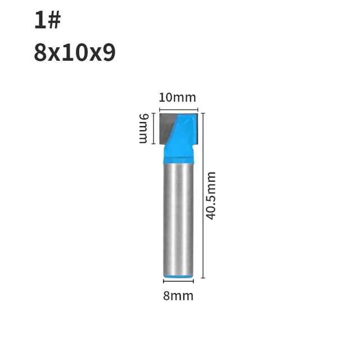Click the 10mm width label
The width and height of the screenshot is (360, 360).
pyautogui.click(x=177, y=97)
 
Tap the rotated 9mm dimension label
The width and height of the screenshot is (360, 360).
pyautogui.click(x=145, y=128)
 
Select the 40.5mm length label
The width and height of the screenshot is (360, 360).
pyautogui.click(x=210, y=195)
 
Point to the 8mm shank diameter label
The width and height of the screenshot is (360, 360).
pyautogui.click(x=178, y=296)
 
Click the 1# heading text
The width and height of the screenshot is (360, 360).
pyautogui.click(x=47, y=21)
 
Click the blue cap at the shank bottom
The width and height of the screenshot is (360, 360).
pyautogui.click(x=178, y=275)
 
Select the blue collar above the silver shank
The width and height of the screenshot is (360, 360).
pyautogui.click(x=178, y=155)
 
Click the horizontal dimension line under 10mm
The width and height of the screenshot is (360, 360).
pyautogui.click(x=178, y=110)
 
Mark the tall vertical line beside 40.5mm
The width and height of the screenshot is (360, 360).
pyautogui.click(x=202, y=195)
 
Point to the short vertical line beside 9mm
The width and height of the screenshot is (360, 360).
pyautogui.click(x=154, y=128)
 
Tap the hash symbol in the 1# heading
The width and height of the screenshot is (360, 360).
pyautogui.click(x=54, y=21)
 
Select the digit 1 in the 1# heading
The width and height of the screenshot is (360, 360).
pyautogui.click(x=39, y=21)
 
